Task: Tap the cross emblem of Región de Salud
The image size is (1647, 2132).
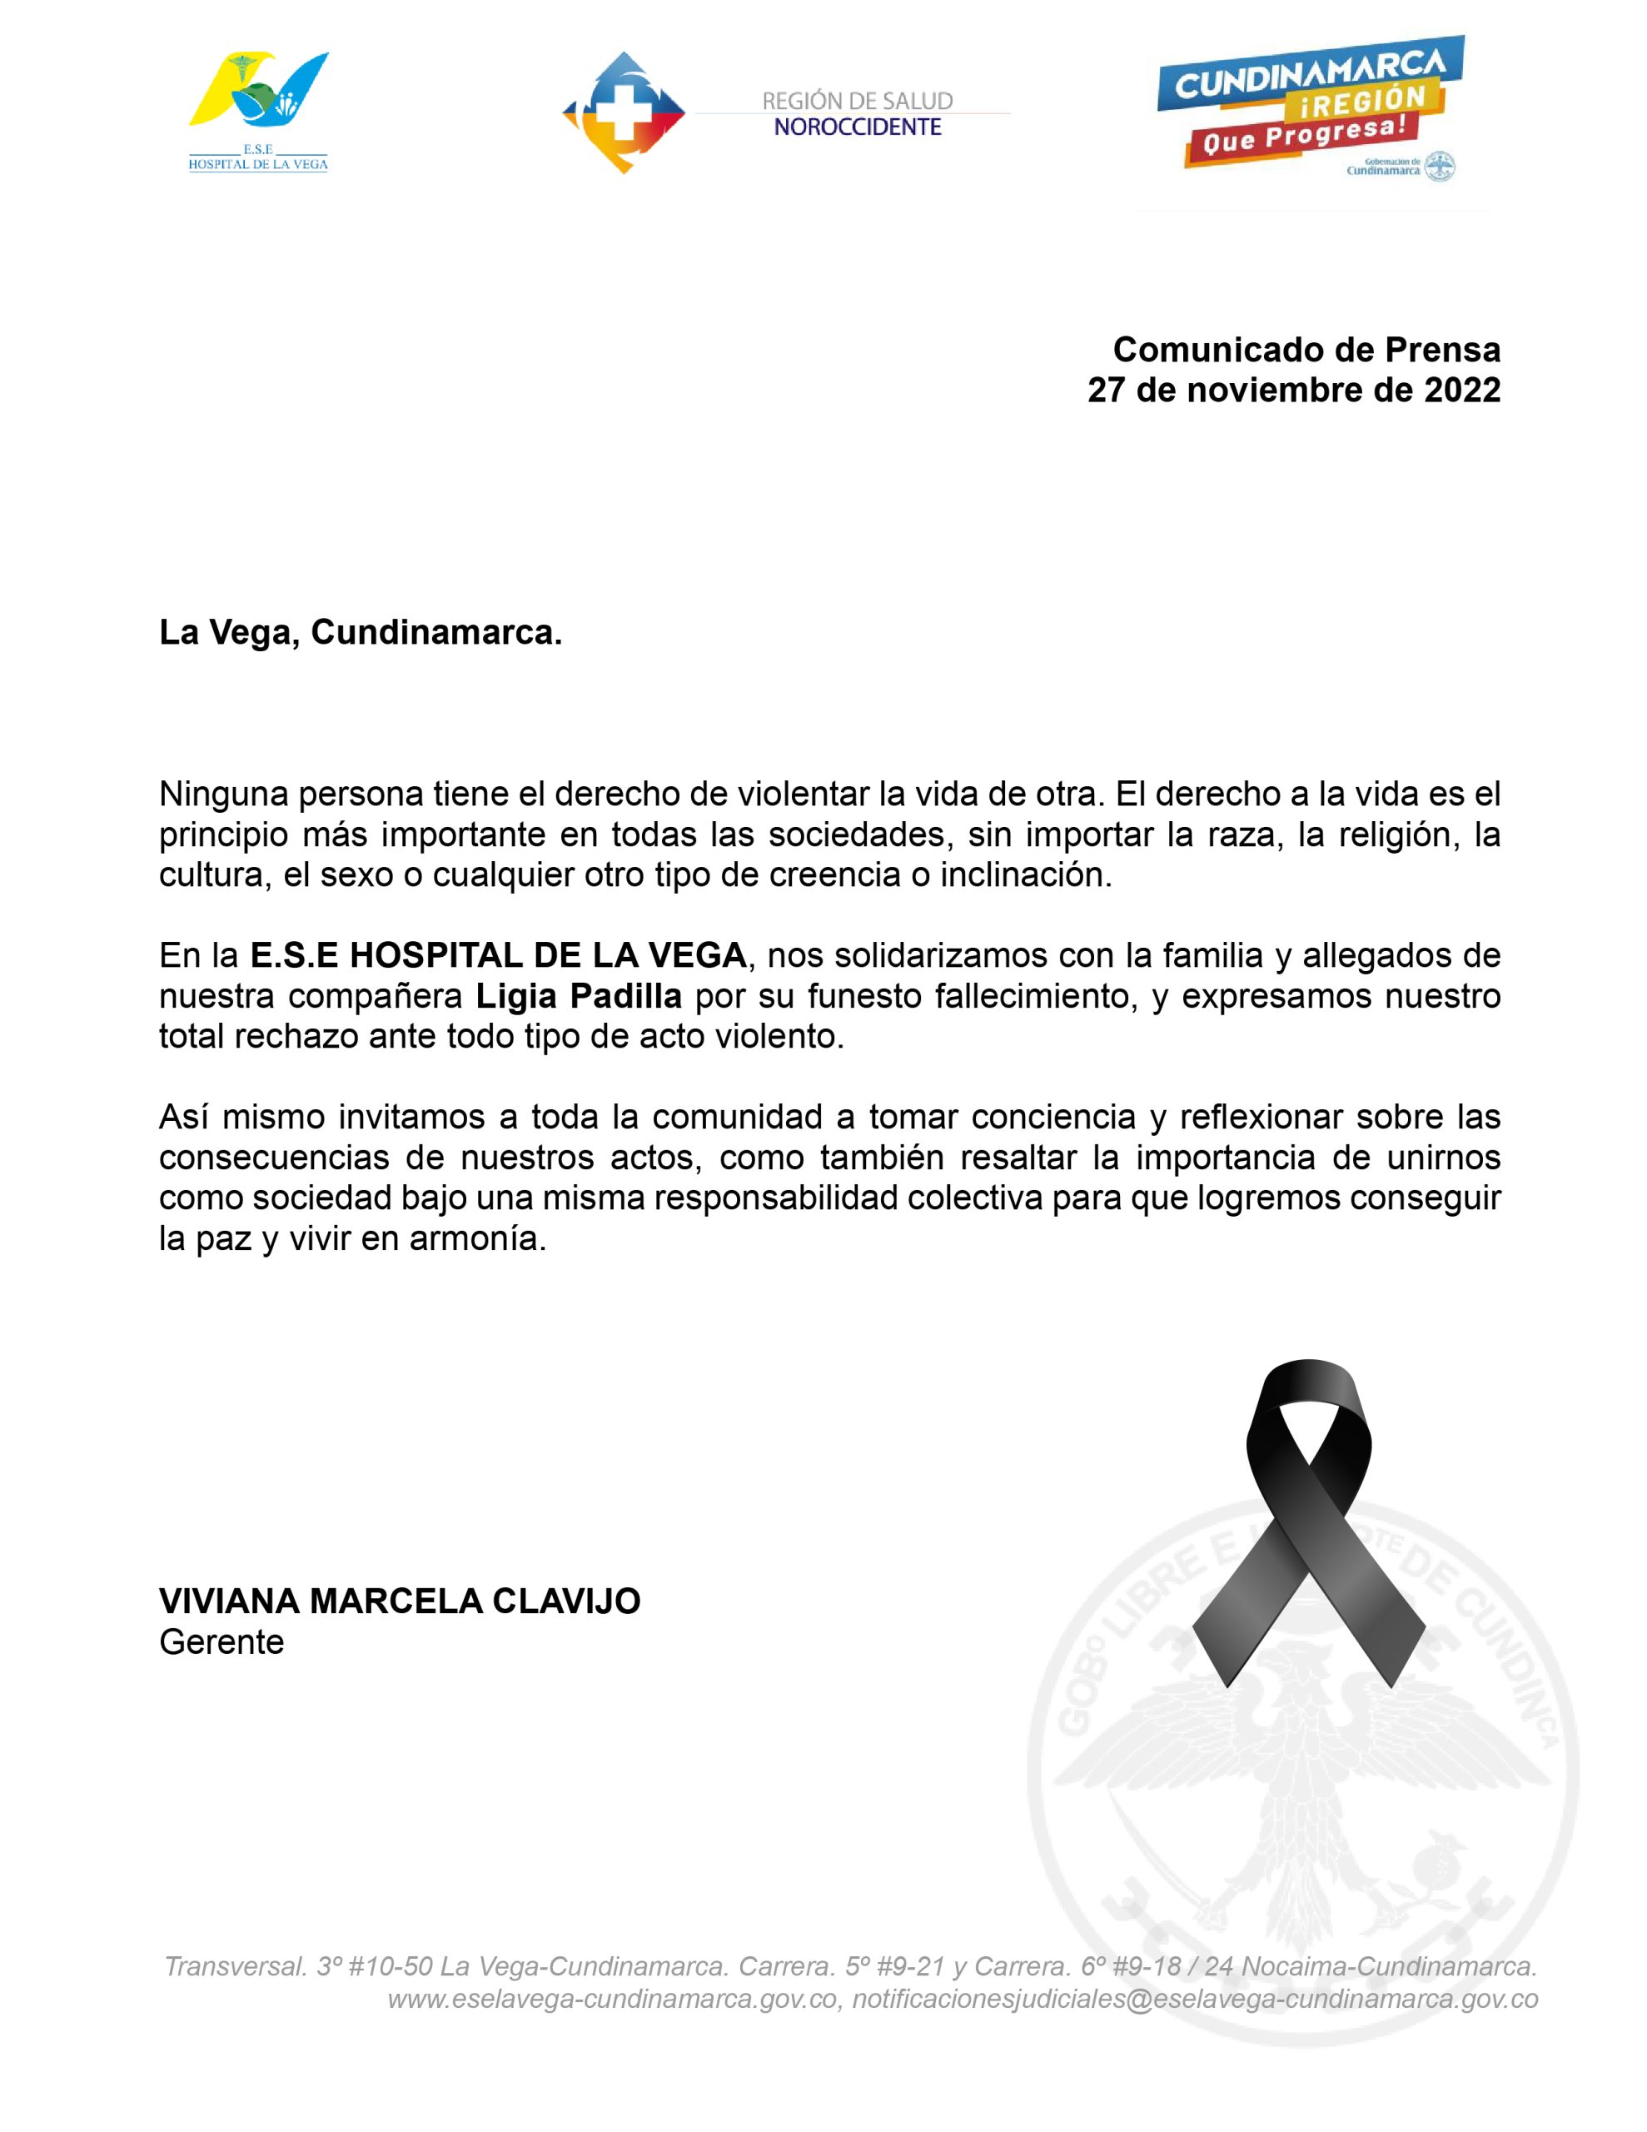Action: coord(623,113)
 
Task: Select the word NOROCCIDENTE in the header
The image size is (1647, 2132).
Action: coord(857,127)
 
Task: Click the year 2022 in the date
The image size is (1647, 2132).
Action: coord(1461,390)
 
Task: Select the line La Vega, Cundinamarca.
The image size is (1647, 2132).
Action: coord(361,633)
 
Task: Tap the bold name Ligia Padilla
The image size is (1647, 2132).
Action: coord(579,996)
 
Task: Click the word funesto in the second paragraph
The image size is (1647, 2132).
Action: coord(865,996)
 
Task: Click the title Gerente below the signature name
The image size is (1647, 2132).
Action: coord(221,1642)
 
